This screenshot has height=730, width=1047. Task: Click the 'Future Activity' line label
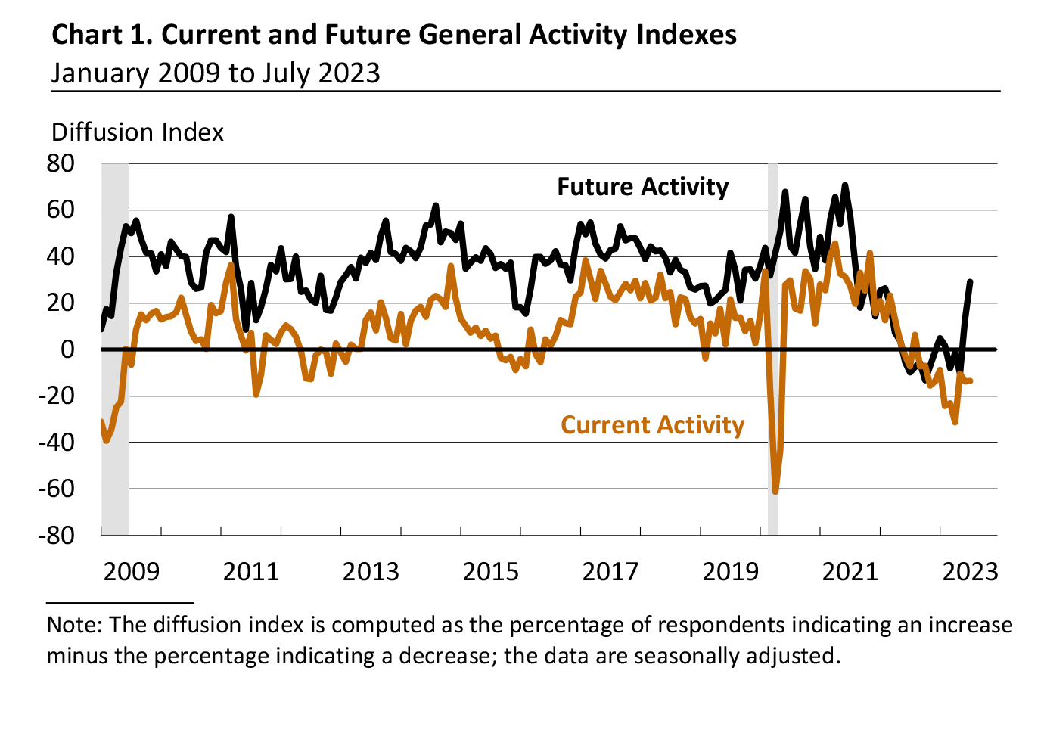tap(642, 187)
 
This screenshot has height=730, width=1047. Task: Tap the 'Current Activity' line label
tap(652, 425)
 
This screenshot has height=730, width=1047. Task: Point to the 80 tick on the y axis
tap(61, 163)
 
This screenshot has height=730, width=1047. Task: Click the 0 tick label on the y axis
tap(68, 349)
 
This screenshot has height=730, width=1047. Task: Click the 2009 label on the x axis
tap(132, 571)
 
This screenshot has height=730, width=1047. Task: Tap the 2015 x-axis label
tap(491, 571)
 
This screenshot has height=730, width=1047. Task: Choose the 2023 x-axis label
tap(970, 571)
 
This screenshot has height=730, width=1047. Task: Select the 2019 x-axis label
tap(730, 571)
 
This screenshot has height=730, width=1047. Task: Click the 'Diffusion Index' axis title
tap(138, 132)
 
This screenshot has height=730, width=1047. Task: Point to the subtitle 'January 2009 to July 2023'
tap(216, 73)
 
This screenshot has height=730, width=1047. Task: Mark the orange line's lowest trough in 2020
tap(775, 492)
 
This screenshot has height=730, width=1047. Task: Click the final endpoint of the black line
tap(971, 281)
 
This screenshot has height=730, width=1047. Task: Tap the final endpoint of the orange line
tap(971, 381)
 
